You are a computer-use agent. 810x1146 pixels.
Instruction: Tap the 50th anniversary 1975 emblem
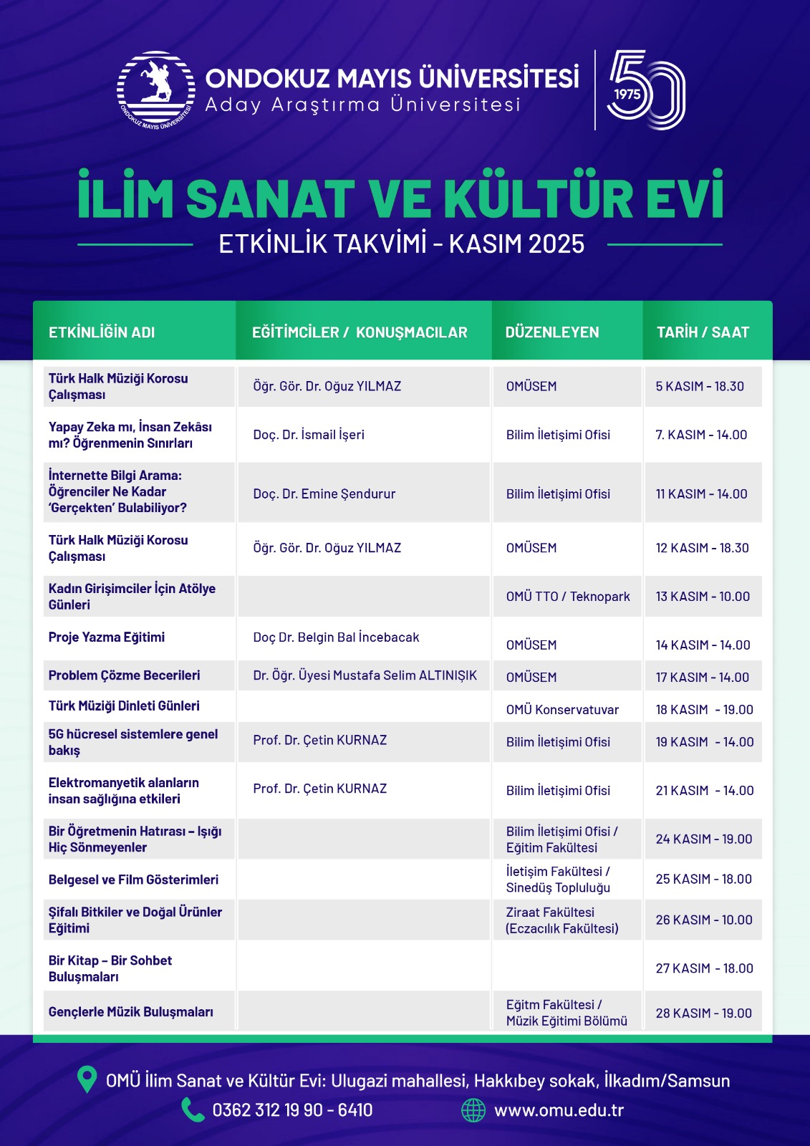[x=645, y=90]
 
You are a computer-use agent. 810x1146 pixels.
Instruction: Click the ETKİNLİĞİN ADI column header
[x=102, y=332]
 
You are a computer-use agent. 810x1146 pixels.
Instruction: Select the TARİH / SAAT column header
[x=703, y=332]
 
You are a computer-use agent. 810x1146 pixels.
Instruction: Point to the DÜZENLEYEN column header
[x=552, y=332]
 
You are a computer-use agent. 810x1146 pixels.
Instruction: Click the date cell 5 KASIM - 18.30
[x=700, y=387]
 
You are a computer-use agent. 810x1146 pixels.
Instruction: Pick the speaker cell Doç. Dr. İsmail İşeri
[x=309, y=435]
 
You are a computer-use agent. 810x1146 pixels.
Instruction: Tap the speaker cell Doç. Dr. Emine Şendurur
[x=324, y=494]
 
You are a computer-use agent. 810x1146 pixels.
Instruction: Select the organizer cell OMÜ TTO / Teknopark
[x=568, y=597]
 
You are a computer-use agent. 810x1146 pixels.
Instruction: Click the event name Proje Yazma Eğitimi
[x=107, y=637]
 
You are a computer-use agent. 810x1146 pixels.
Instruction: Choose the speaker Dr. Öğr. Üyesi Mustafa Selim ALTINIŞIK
[x=365, y=675]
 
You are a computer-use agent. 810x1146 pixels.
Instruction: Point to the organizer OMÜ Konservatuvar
[x=562, y=710]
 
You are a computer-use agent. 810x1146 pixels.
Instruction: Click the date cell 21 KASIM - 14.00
[x=705, y=791]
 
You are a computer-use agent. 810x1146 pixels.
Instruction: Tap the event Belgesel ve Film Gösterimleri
[x=133, y=880]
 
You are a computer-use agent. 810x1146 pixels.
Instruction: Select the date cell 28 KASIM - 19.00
[x=703, y=1013]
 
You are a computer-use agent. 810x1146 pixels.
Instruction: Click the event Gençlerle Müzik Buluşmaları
[x=131, y=1012]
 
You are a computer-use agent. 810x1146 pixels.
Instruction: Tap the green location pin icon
[x=87, y=1079]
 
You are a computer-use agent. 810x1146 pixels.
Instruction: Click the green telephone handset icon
[x=192, y=1110]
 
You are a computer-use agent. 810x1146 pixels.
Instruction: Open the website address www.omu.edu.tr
[x=559, y=1111]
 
